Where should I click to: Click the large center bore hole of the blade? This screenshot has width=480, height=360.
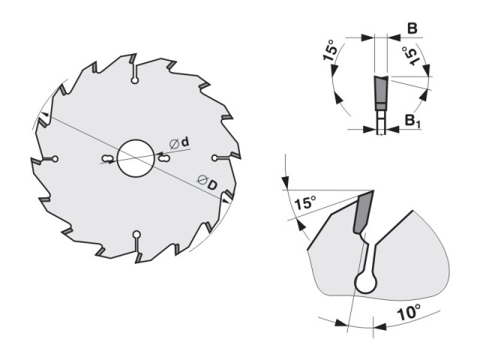click(135, 158)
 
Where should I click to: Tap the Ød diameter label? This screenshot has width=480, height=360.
click(180, 143)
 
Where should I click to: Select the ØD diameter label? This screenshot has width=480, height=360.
click(208, 182)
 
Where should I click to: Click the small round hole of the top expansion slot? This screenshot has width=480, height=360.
click(135, 80)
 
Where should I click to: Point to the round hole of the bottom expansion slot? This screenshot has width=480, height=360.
click(136, 235)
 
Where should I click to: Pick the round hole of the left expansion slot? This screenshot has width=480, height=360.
click(55, 159)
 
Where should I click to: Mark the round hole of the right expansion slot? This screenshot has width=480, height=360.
click(214, 157)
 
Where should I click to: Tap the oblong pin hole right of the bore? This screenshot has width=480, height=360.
click(164, 158)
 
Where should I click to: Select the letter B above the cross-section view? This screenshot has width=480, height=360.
click(412, 28)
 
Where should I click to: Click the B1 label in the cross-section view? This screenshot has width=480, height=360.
click(413, 120)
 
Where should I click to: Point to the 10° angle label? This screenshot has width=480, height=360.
click(409, 312)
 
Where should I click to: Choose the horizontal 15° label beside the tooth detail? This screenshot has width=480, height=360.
click(304, 202)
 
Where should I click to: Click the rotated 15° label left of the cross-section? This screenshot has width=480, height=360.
click(330, 50)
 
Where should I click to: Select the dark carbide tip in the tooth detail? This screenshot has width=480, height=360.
click(363, 211)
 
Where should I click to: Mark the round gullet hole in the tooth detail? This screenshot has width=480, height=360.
click(365, 283)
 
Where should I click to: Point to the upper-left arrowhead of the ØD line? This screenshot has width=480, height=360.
click(44, 115)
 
